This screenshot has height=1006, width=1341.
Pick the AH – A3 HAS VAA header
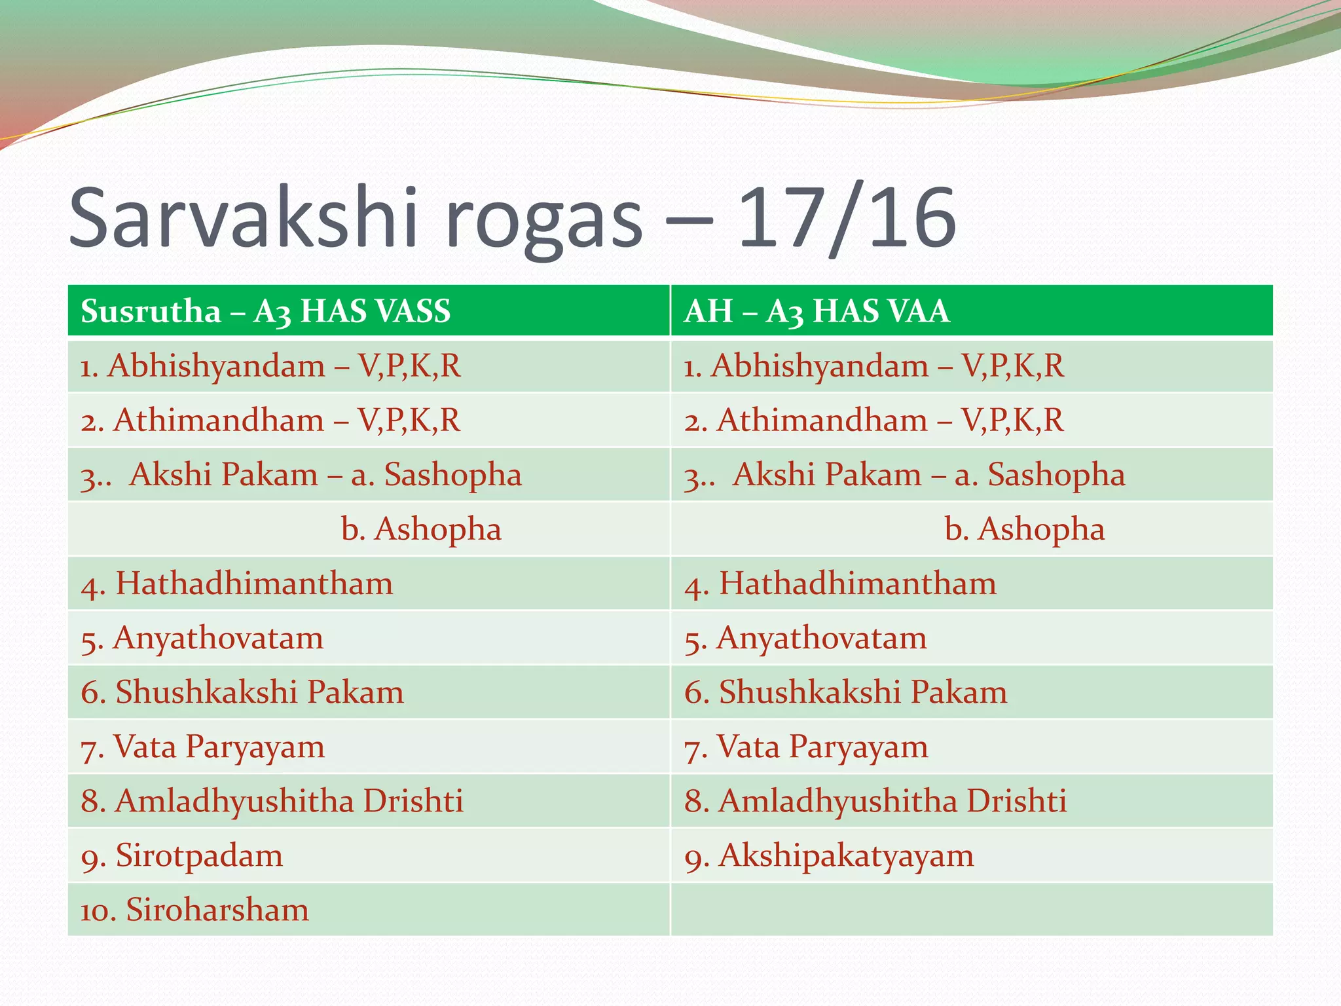coord(817,310)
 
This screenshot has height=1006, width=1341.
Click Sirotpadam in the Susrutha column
coord(199,855)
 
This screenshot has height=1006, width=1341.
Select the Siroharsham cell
coord(217,910)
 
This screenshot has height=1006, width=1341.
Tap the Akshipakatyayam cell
coord(846,855)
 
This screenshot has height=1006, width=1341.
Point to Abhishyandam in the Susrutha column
coord(216,365)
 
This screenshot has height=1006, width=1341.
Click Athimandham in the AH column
coord(822,420)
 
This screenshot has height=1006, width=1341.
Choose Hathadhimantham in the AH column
coord(858,583)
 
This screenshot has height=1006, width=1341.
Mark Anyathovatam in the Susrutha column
coord(218,638)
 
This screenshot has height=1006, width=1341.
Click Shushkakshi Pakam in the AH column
coord(863,692)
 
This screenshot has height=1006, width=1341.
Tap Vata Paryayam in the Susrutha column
coord(219,747)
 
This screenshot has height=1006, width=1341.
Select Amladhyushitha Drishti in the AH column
coord(892,801)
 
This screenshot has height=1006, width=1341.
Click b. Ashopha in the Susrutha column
coord(421,529)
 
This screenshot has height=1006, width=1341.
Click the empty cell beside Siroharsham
coord(972,910)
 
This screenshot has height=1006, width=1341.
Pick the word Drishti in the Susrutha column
coord(413,801)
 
